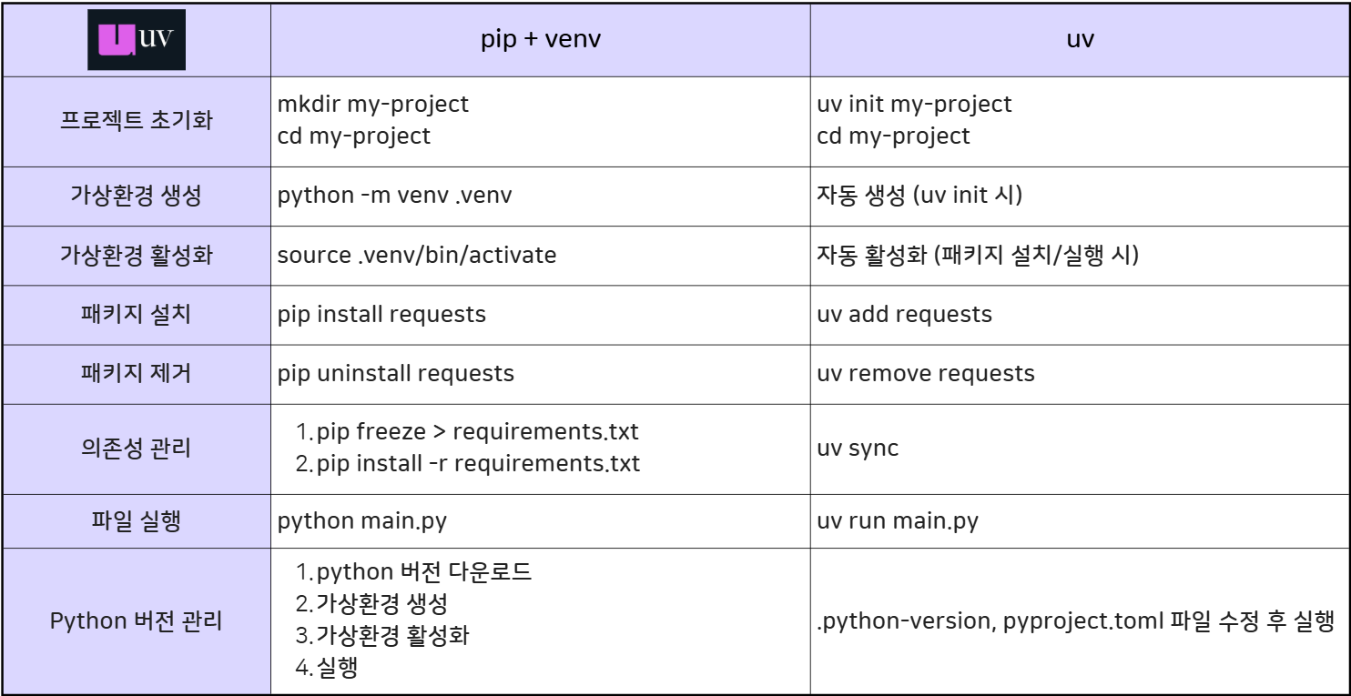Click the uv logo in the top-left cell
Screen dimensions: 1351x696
137,40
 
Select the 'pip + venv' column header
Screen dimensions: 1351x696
540,40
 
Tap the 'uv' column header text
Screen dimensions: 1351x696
1080,40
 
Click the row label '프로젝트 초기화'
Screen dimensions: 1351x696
136,120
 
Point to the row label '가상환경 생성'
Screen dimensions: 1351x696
136,196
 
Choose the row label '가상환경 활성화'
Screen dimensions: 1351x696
136,255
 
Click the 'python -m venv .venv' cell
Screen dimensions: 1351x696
394,196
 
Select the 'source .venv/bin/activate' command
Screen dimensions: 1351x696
416,255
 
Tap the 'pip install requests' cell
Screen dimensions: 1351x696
381,314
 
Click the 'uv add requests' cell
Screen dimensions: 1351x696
904,314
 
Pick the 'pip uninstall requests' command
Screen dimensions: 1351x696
395,373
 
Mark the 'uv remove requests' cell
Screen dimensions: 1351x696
925,373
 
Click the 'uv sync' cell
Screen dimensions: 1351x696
858,448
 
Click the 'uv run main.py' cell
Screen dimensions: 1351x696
898,521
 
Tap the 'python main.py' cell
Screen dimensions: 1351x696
361,521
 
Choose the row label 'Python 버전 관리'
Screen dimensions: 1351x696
136,621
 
